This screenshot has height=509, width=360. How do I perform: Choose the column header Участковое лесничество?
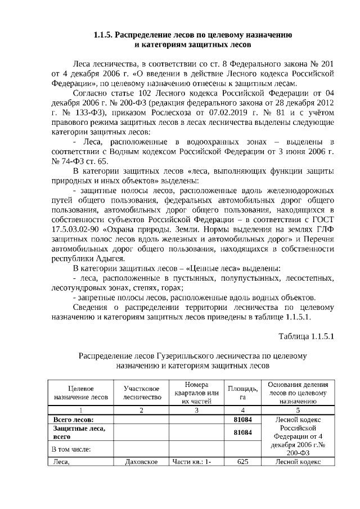[x=142, y=393]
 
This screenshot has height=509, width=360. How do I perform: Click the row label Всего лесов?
[x=73, y=420]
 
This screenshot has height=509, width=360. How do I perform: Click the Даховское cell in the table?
[x=142, y=462]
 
